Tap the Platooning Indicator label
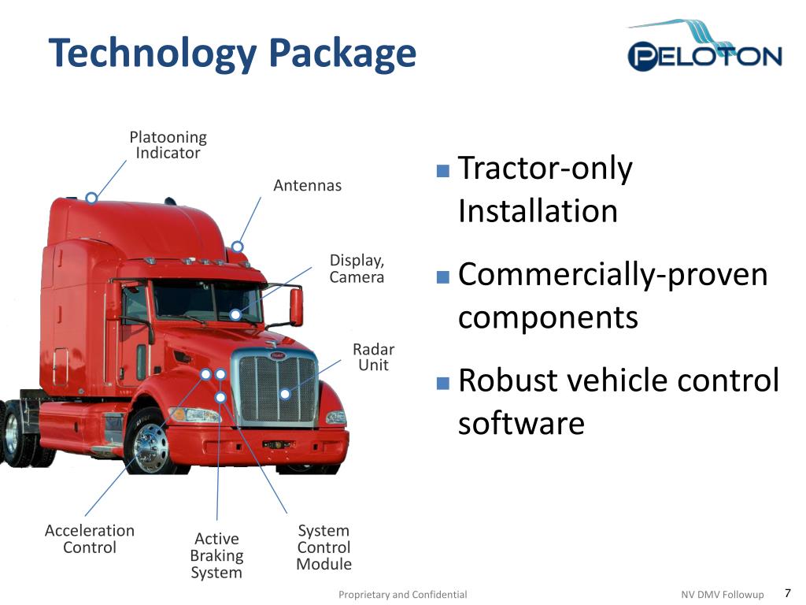(168, 146)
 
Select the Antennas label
(307, 186)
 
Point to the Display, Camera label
(357, 269)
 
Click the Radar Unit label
(373, 357)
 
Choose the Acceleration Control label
(89, 539)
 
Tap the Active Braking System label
(216, 555)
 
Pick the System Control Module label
(324, 547)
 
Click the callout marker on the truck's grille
(285, 394)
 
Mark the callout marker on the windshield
(235, 314)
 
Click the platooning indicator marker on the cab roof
(91, 197)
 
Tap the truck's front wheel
(150, 446)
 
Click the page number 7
(787, 593)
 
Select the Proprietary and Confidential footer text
(402, 595)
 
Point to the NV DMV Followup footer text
(722, 595)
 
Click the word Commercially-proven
(612, 275)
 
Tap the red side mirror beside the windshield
(296, 306)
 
